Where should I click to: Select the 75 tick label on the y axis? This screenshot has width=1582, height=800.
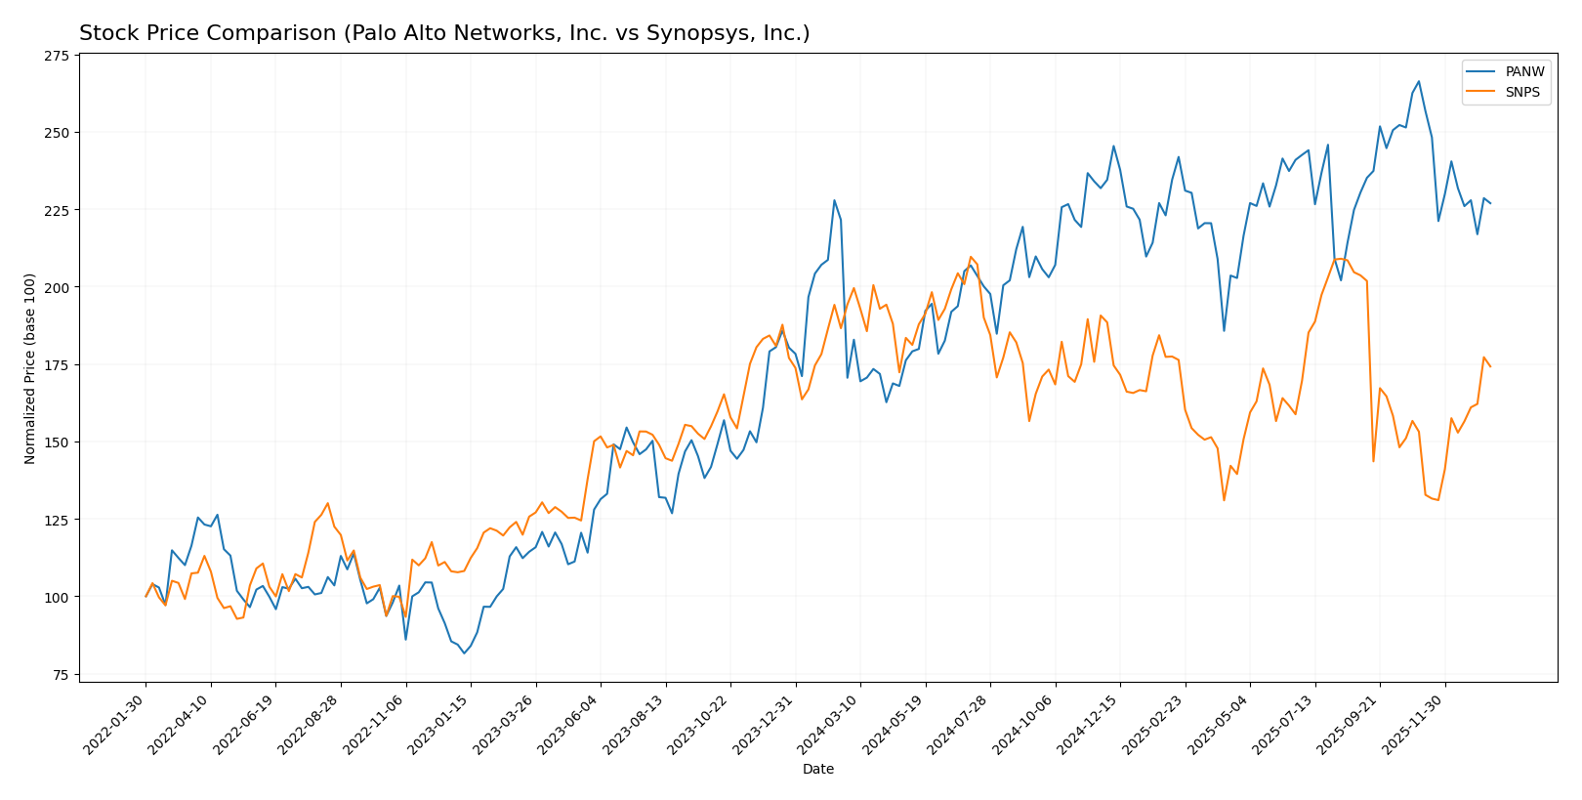(x=60, y=675)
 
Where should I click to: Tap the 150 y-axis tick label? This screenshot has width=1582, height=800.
(x=56, y=442)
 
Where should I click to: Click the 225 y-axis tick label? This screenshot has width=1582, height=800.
(x=56, y=210)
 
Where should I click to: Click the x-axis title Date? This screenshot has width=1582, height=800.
(x=817, y=770)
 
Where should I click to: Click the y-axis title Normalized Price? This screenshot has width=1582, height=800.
(x=30, y=368)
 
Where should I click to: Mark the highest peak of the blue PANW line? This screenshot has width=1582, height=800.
(x=1419, y=81)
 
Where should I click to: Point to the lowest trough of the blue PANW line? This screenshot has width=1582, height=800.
(x=464, y=653)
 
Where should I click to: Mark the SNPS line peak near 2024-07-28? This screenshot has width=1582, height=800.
(x=971, y=257)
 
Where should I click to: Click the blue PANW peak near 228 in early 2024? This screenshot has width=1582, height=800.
(x=834, y=200)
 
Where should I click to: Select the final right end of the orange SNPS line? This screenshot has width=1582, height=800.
(x=1490, y=366)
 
